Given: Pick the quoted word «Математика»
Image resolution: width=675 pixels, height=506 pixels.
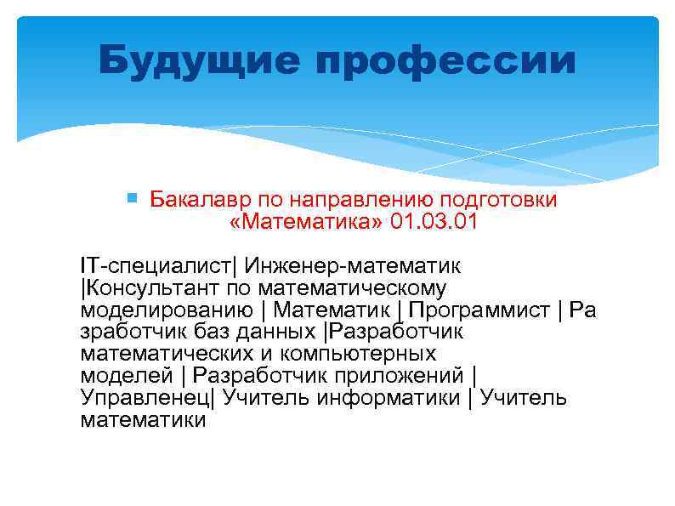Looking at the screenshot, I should click(307, 222).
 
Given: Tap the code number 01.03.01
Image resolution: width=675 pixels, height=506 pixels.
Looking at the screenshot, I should click(434, 222).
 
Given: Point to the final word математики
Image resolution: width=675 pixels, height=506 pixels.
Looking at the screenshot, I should click(143, 419).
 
